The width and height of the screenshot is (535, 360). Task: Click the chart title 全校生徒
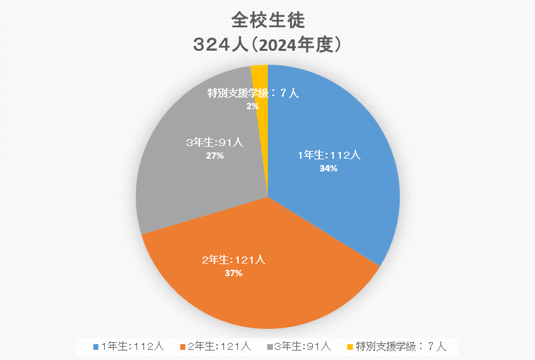268,21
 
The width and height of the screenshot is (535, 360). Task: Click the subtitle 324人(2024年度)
268,46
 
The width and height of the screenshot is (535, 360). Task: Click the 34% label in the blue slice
329,169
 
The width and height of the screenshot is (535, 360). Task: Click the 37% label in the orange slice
234,273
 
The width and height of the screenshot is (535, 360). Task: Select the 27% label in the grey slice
215,156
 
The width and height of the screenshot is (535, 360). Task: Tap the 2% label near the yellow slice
253,107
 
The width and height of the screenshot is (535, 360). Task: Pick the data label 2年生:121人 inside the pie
234,260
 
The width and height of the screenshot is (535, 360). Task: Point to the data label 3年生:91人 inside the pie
215,143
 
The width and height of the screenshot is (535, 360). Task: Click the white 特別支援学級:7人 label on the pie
253,93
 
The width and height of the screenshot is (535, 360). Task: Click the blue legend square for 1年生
95,347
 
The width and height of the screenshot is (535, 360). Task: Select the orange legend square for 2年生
183,347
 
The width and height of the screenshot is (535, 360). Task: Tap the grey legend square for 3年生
270,347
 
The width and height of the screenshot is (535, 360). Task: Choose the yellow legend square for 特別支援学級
350,347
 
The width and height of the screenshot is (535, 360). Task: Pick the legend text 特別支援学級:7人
401,346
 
